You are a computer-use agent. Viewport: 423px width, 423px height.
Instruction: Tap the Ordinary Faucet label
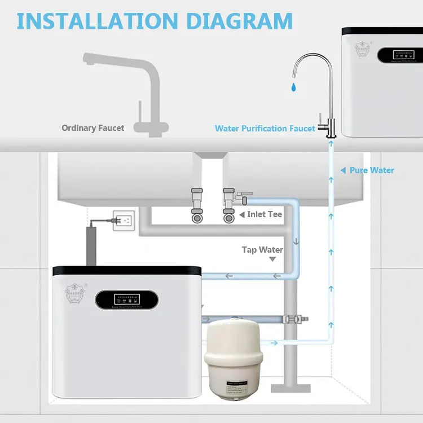pos(93,128)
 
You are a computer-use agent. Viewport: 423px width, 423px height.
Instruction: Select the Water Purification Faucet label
pos(265,129)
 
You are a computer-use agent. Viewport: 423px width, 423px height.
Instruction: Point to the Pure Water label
pos(372,170)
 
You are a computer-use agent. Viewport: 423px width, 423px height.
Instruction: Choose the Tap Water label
pos(262,250)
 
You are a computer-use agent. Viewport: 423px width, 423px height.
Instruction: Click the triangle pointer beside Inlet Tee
pos(242,215)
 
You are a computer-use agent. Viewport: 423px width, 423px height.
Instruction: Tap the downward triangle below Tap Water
pos(273,259)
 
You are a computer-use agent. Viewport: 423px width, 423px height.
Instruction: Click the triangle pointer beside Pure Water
pos(343,170)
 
